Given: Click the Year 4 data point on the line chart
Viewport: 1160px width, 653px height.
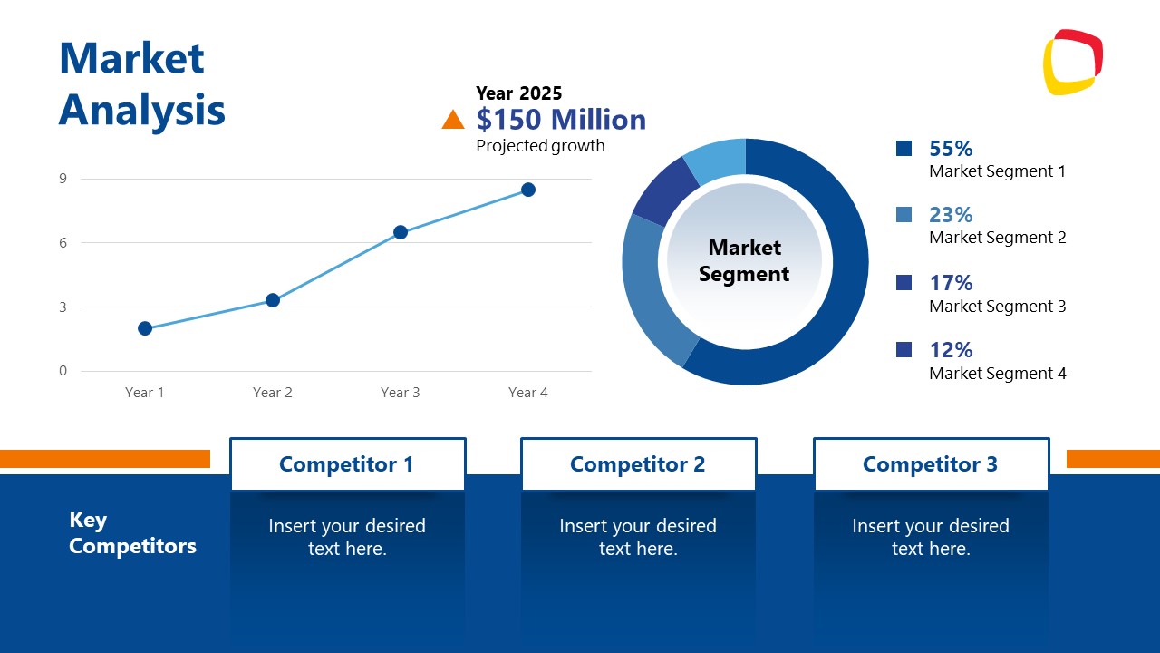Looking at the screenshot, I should (528, 190).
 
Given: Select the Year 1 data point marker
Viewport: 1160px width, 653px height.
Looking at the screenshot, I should (145, 328).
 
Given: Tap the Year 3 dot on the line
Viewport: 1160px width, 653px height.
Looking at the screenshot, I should (401, 232).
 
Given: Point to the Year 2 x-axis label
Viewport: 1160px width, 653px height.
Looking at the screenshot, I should (273, 393).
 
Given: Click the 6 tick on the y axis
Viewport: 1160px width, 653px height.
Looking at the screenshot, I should (63, 243).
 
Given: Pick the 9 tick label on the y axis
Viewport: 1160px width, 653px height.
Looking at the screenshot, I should (63, 179).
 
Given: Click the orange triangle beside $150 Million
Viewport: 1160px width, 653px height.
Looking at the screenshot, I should (453, 120).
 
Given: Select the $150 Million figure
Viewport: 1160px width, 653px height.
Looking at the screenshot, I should (561, 120).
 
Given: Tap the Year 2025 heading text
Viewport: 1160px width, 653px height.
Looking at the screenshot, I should (519, 93).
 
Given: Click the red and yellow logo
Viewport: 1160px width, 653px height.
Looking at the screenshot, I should (1073, 62).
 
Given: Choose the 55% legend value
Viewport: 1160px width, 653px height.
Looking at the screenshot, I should (951, 149).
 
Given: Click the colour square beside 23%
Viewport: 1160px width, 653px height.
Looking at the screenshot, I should (904, 215).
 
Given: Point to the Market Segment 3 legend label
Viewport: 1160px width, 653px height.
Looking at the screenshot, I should (997, 307).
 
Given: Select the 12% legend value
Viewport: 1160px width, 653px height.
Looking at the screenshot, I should (951, 350).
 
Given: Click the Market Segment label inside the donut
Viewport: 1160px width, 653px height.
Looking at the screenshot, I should (744, 260).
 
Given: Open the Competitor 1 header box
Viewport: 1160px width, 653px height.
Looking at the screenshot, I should (347, 464).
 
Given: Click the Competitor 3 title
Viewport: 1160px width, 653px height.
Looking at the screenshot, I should (930, 464).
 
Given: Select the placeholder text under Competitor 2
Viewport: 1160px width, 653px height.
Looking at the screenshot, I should (638, 537).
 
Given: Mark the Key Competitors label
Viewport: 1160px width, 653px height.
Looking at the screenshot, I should (132, 532).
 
